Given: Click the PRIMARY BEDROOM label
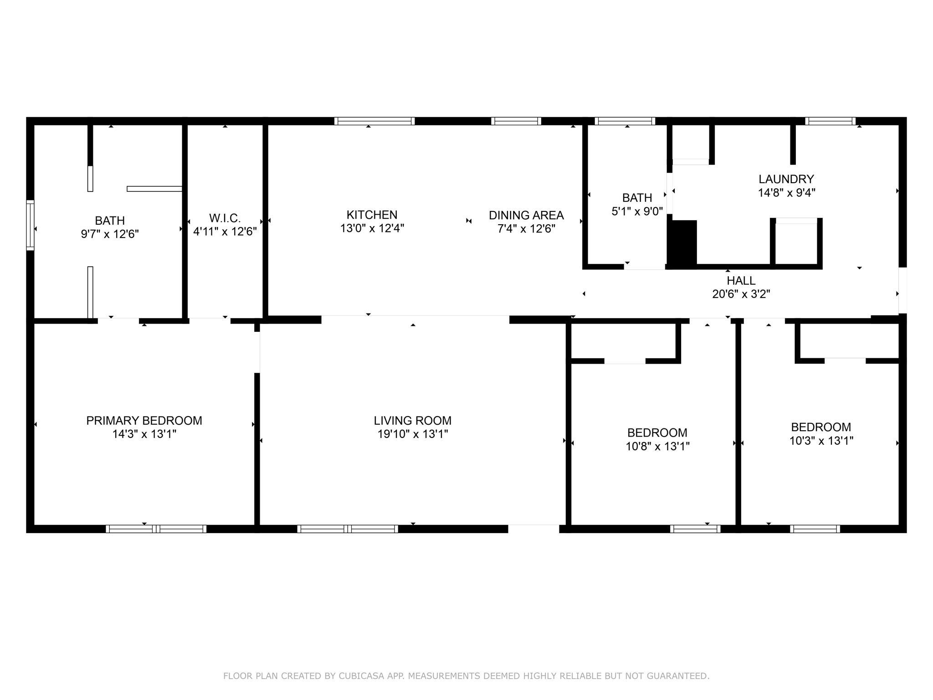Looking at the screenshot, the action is (x=144, y=420).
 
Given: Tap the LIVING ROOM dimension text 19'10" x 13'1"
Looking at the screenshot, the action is (x=413, y=434).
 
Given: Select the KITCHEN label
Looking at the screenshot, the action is (x=372, y=215).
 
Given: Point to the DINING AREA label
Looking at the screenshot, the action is (x=526, y=215).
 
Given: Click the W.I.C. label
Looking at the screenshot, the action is (x=225, y=218).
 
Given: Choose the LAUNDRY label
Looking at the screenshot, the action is (x=786, y=179).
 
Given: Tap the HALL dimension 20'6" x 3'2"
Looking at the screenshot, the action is (x=741, y=294).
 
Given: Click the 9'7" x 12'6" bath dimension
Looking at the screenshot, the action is (x=110, y=234).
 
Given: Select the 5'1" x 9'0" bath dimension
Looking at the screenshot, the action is (x=637, y=211).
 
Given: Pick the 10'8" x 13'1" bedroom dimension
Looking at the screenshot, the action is (x=657, y=446).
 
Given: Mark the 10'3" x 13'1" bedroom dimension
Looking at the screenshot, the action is (x=821, y=441).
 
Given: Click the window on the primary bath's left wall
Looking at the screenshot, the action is (x=30, y=225).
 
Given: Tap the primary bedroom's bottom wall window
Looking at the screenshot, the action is (x=156, y=529).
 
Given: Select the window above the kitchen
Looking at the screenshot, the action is (x=374, y=121).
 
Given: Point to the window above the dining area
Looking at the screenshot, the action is (x=516, y=121).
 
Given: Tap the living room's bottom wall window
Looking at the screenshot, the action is (x=348, y=529).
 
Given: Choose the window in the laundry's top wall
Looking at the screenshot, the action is (x=830, y=121).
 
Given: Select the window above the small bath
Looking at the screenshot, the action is (x=625, y=121).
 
